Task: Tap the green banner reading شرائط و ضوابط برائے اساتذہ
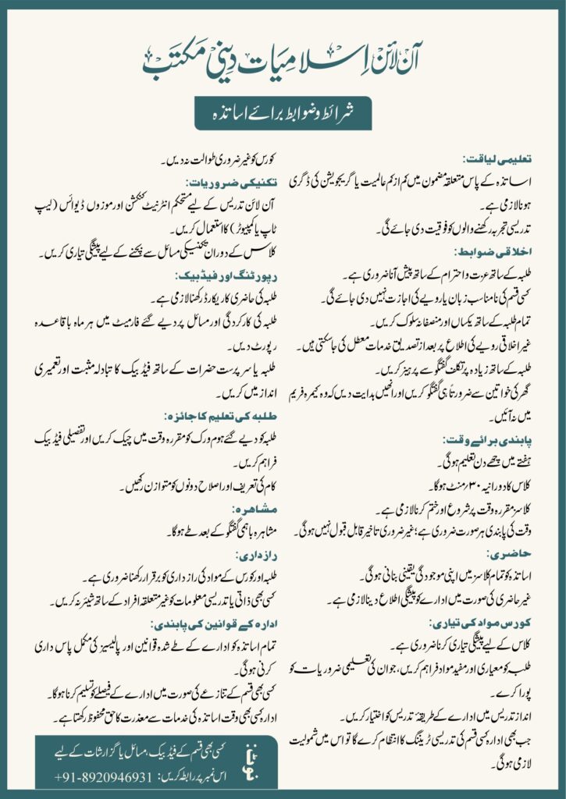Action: [x=283, y=114]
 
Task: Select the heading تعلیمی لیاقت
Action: [x=507, y=158]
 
